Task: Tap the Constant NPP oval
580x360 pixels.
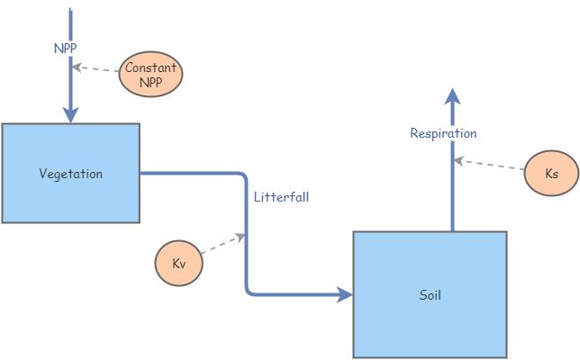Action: tap(150, 75)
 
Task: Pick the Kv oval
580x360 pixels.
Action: tap(178, 264)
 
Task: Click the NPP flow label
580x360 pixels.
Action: tap(66, 47)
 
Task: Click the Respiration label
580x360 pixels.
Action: tap(443, 133)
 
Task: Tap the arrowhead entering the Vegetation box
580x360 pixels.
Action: tap(70, 115)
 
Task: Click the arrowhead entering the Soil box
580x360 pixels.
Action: tap(344, 294)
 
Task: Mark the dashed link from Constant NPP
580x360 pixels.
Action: tap(97, 69)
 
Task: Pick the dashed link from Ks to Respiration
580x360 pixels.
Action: tap(491, 165)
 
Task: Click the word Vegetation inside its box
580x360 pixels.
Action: tap(70, 174)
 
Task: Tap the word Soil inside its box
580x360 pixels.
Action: tap(430, 294)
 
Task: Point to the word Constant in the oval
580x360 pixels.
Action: tap(150, 68)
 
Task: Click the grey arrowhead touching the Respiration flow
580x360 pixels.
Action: tap(458, 160)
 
